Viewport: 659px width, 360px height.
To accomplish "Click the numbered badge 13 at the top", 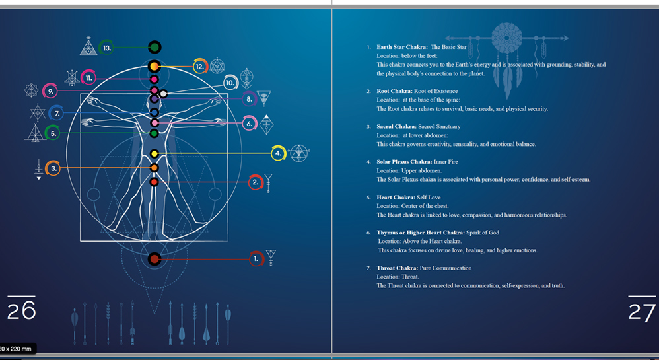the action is coord(107,48).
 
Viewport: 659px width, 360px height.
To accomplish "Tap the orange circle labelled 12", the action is coord(200,67).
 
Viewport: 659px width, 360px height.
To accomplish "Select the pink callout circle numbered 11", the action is coord(88,78).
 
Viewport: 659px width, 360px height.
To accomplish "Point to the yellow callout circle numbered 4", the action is coord(278,153).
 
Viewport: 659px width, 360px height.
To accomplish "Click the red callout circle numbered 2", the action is coord(256,182).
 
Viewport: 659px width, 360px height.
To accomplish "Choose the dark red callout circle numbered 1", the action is coord(256,259).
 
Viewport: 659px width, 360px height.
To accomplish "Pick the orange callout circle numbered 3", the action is coord(53,168).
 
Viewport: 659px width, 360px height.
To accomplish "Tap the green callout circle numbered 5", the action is coord(53,133).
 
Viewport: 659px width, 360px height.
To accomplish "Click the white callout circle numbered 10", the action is coord(230,83).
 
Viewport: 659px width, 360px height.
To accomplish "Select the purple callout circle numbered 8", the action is coord(249,99).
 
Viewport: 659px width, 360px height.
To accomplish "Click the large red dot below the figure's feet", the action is coord(155,259).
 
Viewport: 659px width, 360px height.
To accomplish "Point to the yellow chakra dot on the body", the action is coord(155,153).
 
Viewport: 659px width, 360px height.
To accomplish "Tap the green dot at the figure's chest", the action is coord(155,133).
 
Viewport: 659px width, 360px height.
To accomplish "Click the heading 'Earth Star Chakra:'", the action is coord(401,47).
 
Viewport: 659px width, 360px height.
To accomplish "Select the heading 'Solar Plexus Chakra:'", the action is coord(404,162).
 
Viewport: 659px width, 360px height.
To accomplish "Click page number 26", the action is coord(21,310).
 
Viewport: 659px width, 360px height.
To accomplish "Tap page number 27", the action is coord(642,312).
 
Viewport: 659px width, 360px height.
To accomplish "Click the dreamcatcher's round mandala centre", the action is coord(507,38).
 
